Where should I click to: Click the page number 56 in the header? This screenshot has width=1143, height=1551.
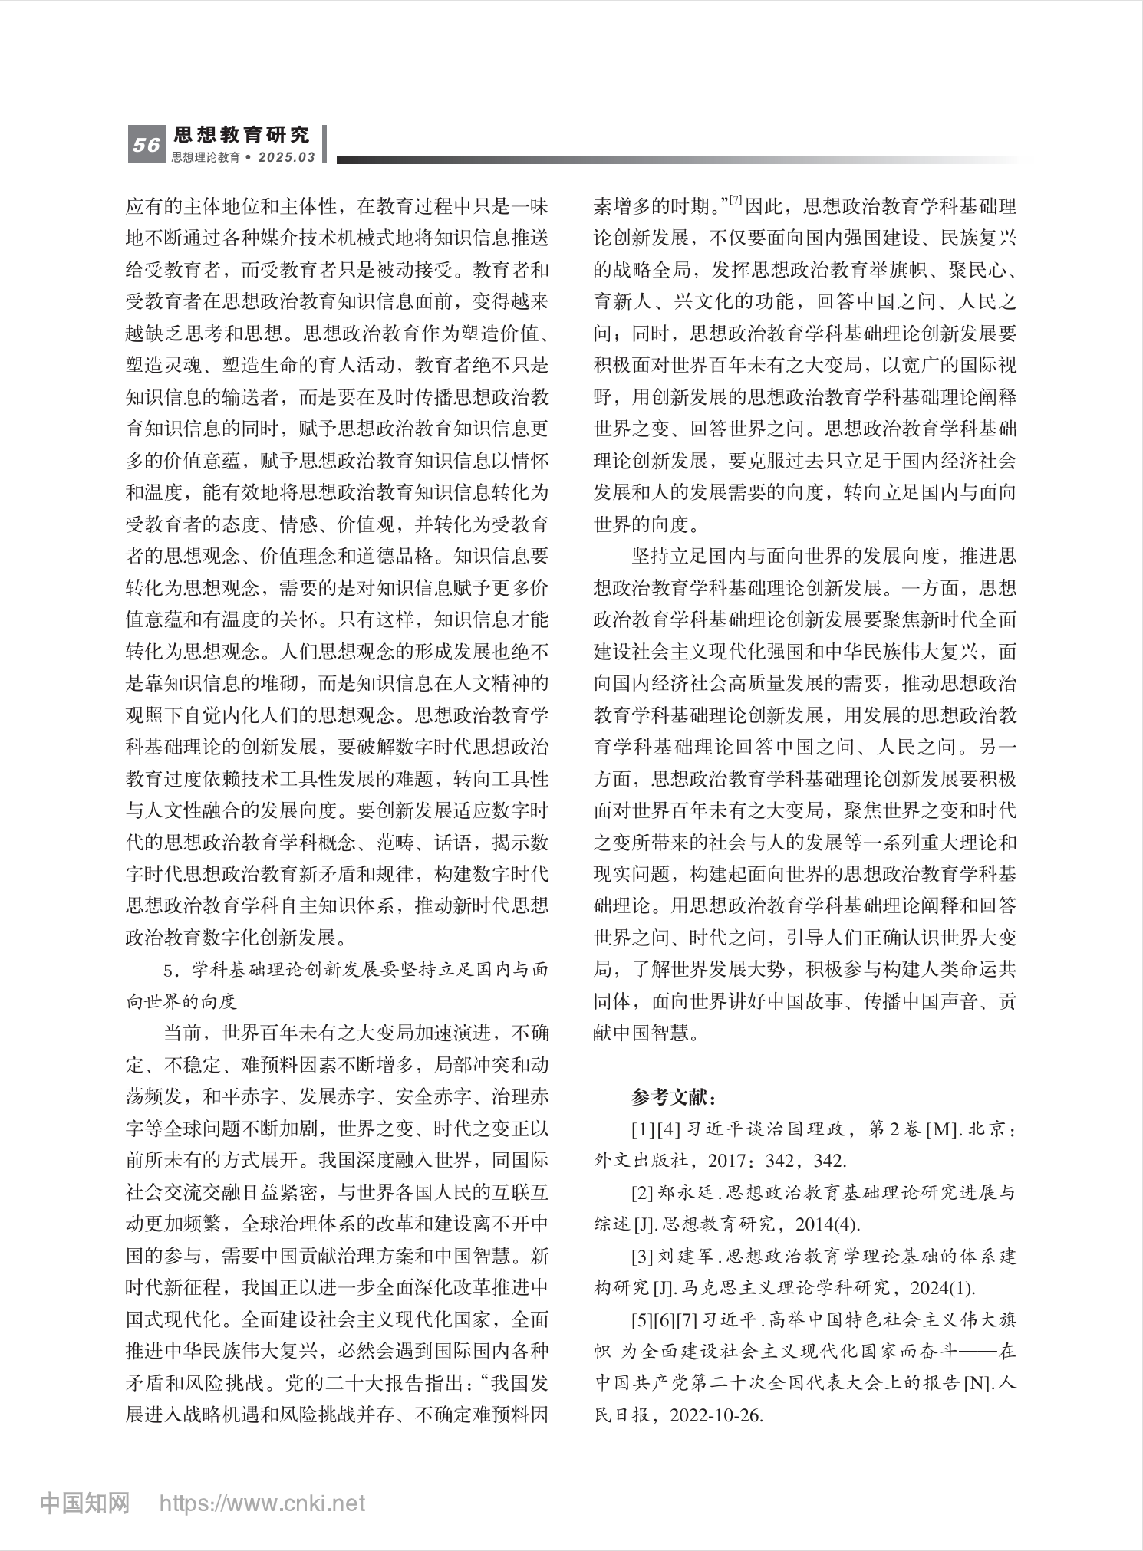[x=146, y=145]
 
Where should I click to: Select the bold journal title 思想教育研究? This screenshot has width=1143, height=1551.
[x=242, y=136]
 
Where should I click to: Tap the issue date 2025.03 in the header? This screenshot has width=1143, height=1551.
[x=287, y=157]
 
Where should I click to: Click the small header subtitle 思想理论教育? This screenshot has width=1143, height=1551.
[x=206, y=157]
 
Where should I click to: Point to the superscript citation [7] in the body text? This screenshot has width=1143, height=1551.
[x=736, y=201]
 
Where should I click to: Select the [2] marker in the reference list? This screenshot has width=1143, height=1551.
[x=642, y=1193]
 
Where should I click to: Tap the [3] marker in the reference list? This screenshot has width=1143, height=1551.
[x=642, y=1257]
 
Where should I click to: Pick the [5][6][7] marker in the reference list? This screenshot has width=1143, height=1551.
[x=664, y=1320]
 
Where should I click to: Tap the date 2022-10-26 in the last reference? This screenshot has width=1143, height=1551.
[x=716, y=1415]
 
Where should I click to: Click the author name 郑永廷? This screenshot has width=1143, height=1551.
[x=687, y=1193]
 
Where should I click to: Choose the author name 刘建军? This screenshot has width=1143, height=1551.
[x=687, y=1257]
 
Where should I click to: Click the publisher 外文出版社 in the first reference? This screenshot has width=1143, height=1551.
[x=641, y=1161]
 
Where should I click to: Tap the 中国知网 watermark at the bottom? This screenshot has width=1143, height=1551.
[x=84, y=1503]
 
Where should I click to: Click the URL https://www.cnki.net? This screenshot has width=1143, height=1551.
[x=262, y=1503]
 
